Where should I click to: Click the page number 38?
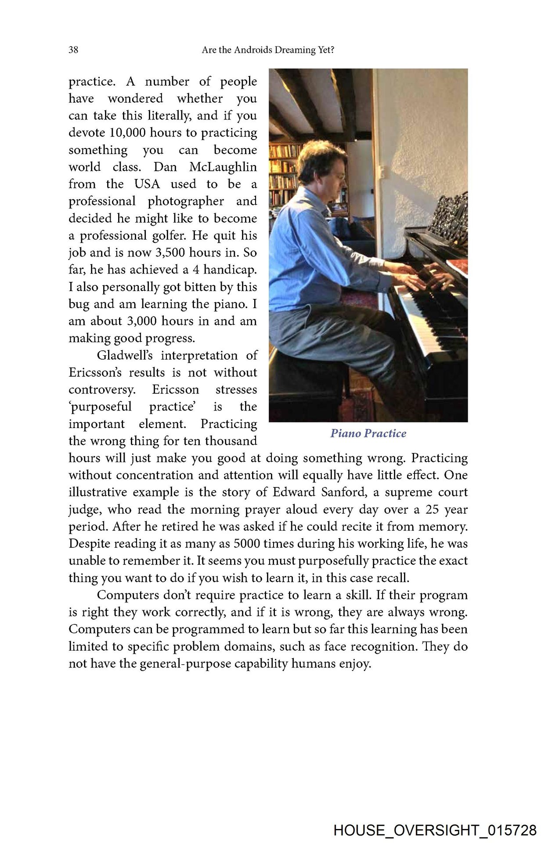(73, 50)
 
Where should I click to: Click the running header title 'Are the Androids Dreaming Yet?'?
(268, 50)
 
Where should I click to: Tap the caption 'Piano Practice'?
(368, 433)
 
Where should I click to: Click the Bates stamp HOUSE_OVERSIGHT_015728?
(435, 830)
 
